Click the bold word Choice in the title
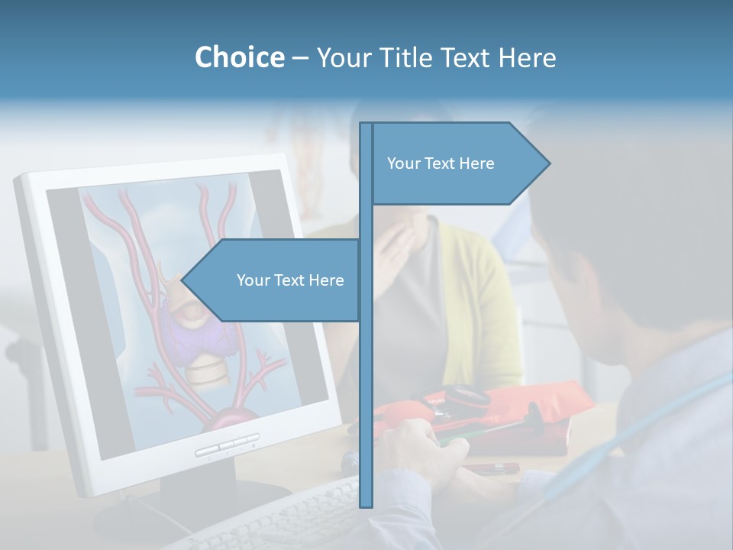239,57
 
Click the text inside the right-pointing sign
441,163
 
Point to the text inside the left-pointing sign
290,280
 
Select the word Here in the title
528,57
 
